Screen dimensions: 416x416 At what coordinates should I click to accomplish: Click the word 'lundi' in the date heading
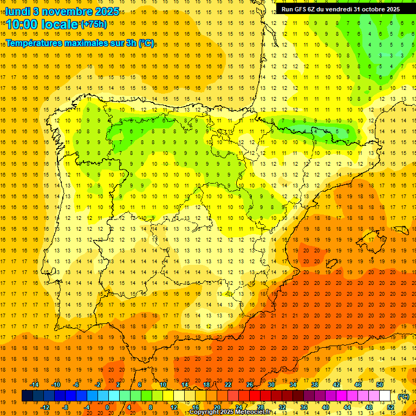tap(17, 11)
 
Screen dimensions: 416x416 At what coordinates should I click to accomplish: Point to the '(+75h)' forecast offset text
tap(94, 24)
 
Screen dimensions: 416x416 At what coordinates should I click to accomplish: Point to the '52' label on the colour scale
tap(391, 407)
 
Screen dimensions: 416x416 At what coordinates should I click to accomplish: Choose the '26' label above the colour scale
tap(250, 385)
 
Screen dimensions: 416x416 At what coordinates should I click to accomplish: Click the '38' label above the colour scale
tap(315, 385)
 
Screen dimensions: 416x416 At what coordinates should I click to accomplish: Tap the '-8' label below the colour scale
tap(65, 407)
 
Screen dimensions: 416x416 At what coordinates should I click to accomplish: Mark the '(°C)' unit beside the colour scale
tap(404, 396)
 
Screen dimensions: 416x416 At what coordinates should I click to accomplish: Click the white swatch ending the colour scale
tap(385, 396)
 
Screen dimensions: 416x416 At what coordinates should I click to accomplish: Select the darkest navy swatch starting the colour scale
tap(27, 396)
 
